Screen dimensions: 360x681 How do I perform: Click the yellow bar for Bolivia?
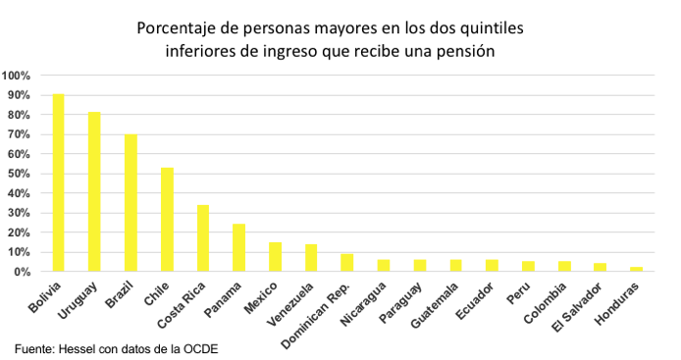click(x=58, y=182)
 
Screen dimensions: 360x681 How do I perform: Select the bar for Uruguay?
click(x=94, y=191)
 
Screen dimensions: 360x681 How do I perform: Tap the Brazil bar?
click(x=131, y=203)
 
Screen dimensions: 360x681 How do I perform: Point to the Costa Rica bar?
click(x=203, y=238)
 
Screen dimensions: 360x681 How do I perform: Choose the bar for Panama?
click(x=238, y=248)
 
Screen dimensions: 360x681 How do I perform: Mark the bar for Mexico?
click(x=275, y=257)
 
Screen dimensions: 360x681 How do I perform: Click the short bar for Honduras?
click(x=636, y=269)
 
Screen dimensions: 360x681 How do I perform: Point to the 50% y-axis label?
click(x=20, y=174)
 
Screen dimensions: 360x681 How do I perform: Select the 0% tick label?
click(x=24, y=272)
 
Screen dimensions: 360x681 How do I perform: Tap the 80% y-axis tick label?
click(x=20, y=115)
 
